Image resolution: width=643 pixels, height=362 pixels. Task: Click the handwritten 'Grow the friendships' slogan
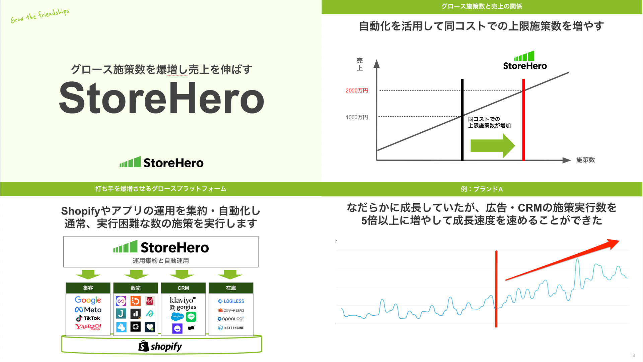tap(40, 16)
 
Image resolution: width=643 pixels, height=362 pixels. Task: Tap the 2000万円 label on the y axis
tap(357, 90)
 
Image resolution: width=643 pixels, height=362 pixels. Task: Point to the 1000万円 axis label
tap(357, 117)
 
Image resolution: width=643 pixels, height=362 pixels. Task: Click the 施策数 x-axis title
tap(585, 160)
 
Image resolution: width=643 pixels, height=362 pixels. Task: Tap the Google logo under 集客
tap(88, 300)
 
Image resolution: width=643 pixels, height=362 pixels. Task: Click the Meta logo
tap(88, 310)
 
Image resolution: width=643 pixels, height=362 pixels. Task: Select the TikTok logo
tap(88, 318)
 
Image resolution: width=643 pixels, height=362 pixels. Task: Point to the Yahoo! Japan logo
tap(88, 326)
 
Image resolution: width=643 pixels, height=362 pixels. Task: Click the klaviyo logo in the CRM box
tap(183, 300)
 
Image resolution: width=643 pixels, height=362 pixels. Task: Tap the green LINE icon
tap(191, 316)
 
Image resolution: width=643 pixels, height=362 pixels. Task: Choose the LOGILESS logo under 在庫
tap(231, 301)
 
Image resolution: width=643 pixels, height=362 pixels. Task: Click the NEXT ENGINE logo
tap(231, 328)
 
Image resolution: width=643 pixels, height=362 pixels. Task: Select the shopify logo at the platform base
tap(160, 346)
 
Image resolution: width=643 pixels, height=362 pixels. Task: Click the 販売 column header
tap(136, 288)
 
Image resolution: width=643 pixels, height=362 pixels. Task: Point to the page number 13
tap(632, 355)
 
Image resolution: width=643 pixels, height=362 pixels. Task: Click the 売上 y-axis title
tap(360, 64)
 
